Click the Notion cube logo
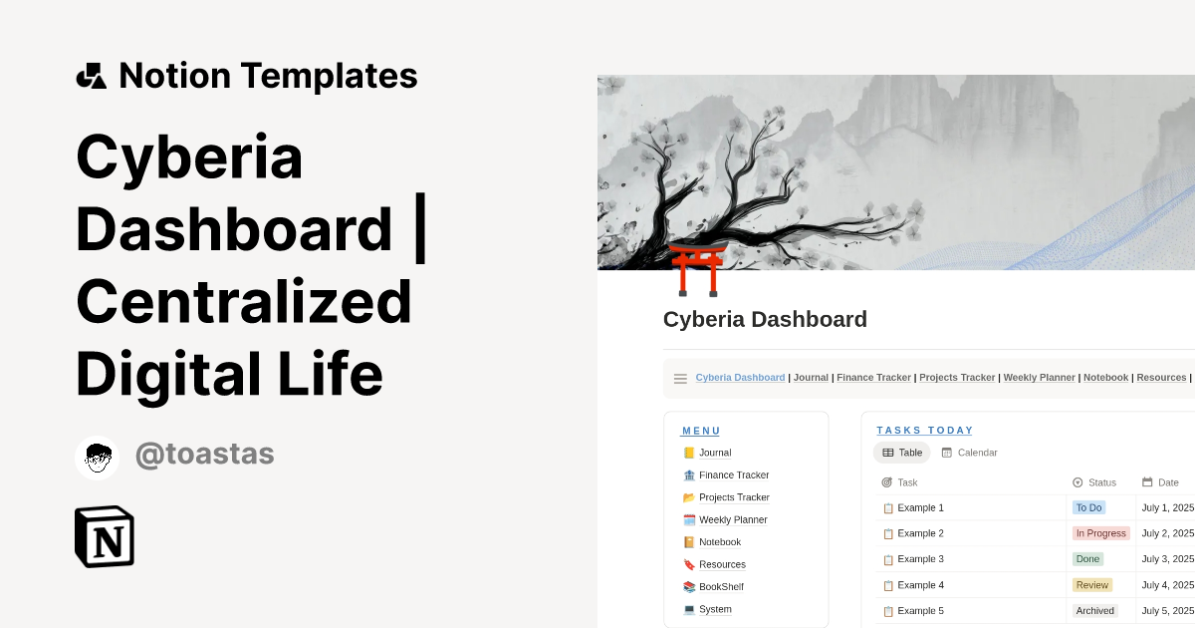pos(105,536)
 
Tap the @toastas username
pos(204,455)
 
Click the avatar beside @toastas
pos(97,458)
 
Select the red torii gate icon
pos(697,269)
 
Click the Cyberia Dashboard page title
pos(765,320)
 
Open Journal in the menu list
pos(715,453)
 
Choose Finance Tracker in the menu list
pos(733,475)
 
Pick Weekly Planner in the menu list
pos(732,520)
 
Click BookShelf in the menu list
pos(721,587)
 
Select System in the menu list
pos(715,609)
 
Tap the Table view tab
pos(902,453)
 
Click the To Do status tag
pos(1088,507)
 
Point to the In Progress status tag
pos(1100,533)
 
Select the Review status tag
pos(1091,585)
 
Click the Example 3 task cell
pos(920,559)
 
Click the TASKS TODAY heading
pos(925,431)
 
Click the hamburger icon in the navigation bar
pos(680,379)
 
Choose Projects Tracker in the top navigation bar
pos(957,378)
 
